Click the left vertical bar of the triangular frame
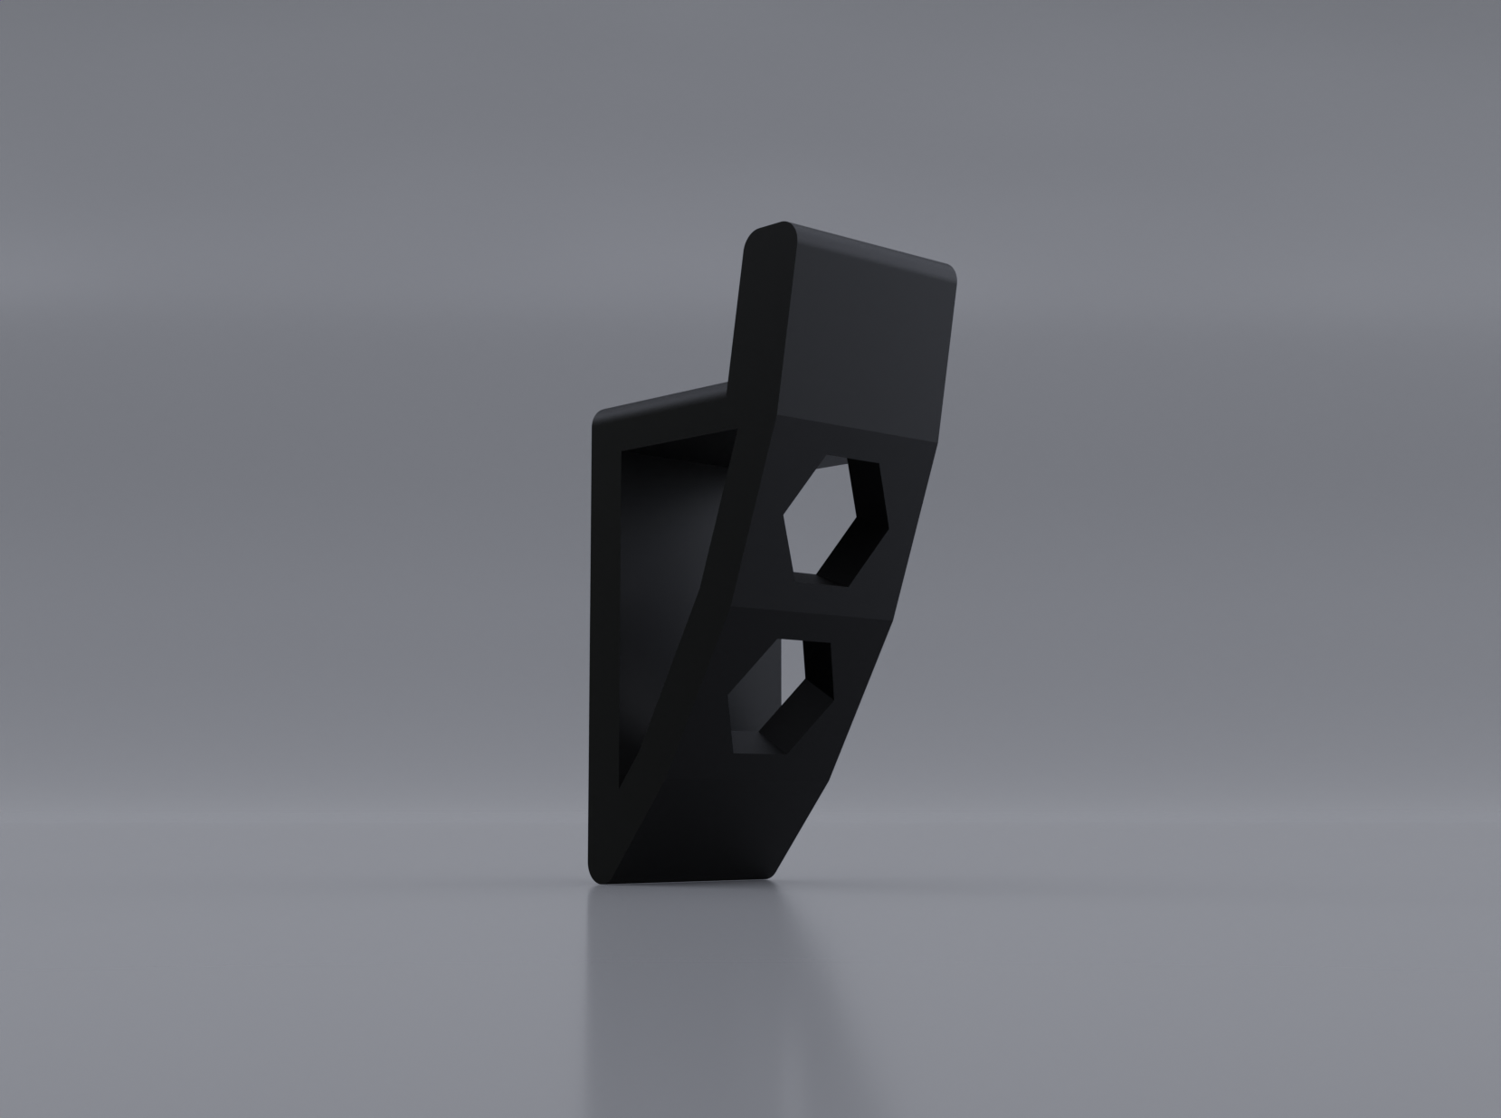pyautogui.click(x=605, y=633)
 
